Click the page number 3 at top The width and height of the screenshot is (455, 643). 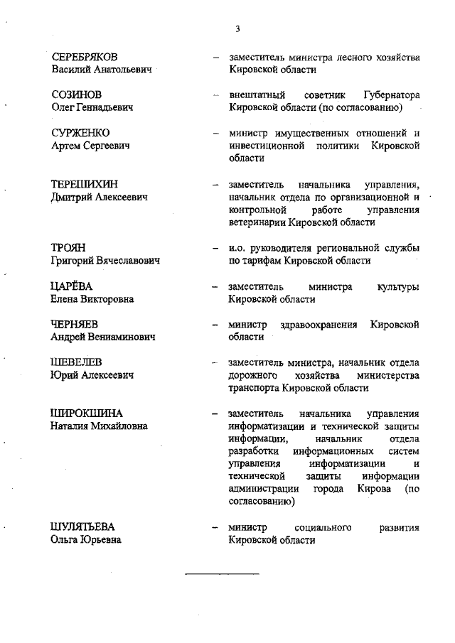(x=237, y=28)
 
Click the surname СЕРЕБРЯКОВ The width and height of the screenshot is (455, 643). (x=85, y=57)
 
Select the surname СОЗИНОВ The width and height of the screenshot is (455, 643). (x=76, y=94)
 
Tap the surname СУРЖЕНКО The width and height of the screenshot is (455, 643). (x=80, y=133)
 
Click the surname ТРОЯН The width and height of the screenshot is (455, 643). (x=68, y=248)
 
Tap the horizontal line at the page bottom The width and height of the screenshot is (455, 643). (x=222, y=573)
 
